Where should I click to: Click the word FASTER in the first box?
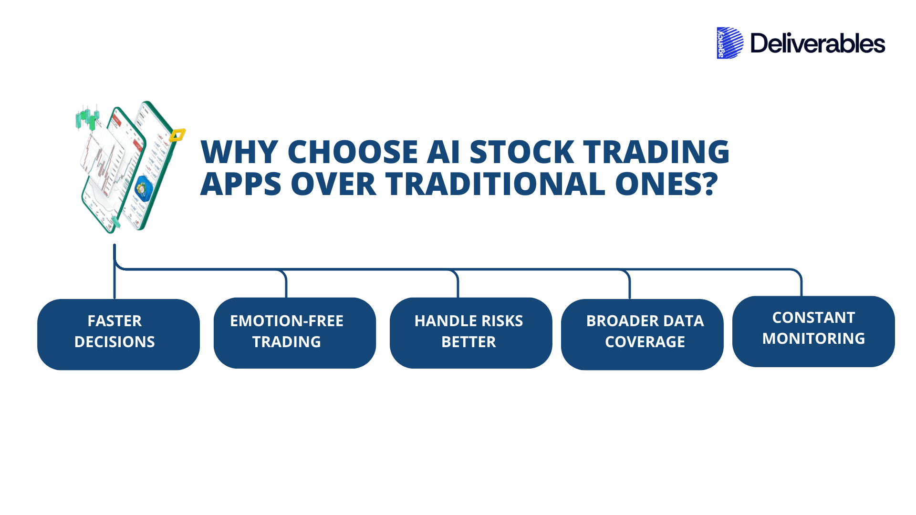(x=114, y=321)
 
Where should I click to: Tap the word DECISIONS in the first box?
(x=114, y=342)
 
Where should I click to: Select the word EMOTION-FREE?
(x=286, y=321)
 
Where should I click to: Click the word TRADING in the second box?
(x=286, y=342)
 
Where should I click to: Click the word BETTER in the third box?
(x=468, y=342)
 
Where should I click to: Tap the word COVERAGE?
(x=645, y=342)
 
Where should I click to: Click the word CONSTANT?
(x=813, y=318)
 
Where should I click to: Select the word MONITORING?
(x=813, y=339)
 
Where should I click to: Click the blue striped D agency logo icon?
(x=729, y=43)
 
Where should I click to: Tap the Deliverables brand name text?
(x=817, y=44)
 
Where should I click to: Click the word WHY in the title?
(x=239, y=153)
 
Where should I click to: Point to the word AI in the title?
(x=444, y=153)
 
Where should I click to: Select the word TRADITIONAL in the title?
(x=495, y=185)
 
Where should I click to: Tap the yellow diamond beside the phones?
(x=177, y=135)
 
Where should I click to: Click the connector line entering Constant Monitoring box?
(x=801, y=286)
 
